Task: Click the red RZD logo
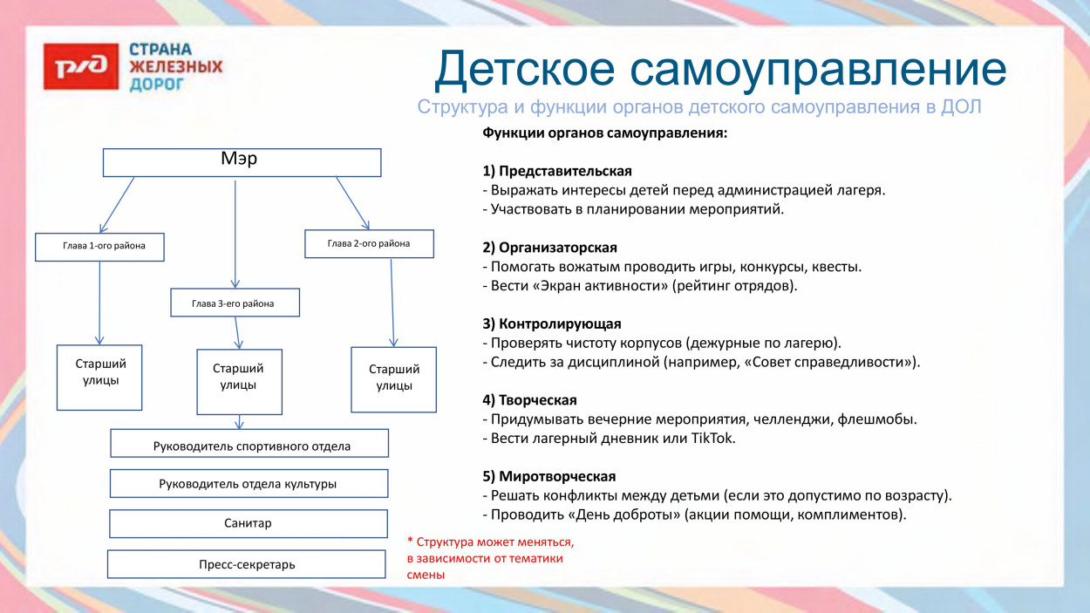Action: pos(80,66)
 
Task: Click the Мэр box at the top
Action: pos(242,162)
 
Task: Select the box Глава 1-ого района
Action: pos(99,247)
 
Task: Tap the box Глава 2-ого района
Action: pos(369,243)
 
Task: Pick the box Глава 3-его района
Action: pos(235,303)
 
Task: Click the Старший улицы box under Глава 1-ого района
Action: pos(99,377)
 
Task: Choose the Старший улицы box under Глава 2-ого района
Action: pos(393,379)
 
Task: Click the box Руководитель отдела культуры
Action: pos(249,483)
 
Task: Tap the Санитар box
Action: pos(249,523)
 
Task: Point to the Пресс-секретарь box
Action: pos(246,564)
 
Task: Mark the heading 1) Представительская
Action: pos(556,171)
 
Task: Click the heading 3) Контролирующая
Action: pos(551,324)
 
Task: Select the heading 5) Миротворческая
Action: pos(548,476)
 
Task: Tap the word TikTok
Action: pos(713,439)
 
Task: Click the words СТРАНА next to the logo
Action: pos(160,50)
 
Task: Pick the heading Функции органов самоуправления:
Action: pos(604,133)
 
